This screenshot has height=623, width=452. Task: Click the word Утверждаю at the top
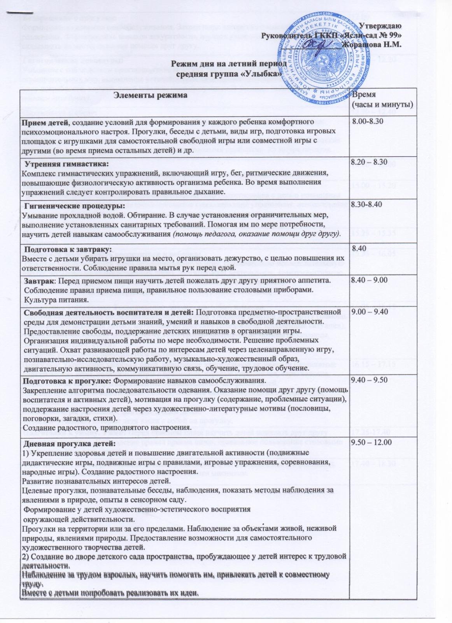tap(380, 26)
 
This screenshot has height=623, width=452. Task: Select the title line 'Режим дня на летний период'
tap(229, 63)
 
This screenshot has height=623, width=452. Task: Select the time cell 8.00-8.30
tap(368, 121)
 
